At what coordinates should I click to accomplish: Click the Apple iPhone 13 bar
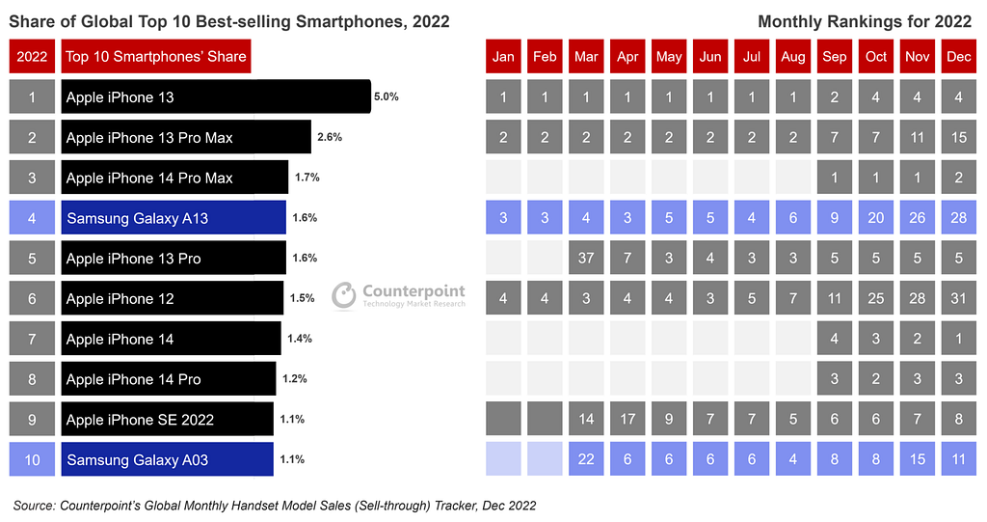pos(216,97)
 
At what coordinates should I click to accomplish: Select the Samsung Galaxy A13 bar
pos(173,218)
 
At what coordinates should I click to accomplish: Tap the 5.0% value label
pos(387,97)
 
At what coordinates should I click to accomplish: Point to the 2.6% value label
pos(329,137)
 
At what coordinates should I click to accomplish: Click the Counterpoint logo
pos(398,295)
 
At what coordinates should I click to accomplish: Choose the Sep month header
pos(835,57)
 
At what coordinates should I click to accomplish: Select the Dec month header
pos(959,57)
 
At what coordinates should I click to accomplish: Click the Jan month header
pos(503,57)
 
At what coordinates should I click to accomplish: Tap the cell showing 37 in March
pos(586,259)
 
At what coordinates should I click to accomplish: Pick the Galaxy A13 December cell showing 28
pos(959,218)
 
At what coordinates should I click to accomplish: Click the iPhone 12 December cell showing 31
pos(959,299)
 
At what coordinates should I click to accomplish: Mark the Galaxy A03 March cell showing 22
pos(586,460)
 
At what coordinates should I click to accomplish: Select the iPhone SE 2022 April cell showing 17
pos(627,420)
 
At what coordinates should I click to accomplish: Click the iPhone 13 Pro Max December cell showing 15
pos(959,138)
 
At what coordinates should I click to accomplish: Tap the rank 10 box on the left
pos(32,460)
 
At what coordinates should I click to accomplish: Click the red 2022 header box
pos(32,57)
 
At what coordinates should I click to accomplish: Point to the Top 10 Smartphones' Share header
pos(156,57)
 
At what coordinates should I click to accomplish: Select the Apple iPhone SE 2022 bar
pos(167,420)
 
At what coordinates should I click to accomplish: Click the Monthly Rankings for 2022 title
pos(864,21)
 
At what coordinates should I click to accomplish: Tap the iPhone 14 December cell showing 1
pos(959,340)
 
